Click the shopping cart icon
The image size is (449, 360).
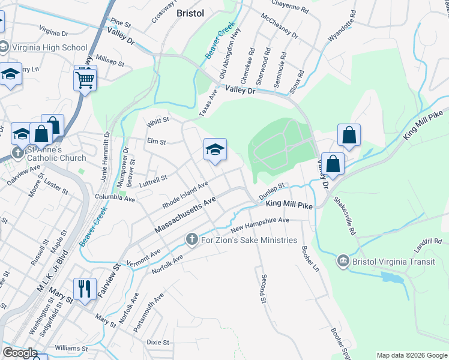(x=85, y=79)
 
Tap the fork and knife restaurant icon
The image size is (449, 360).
(x=85, y=289)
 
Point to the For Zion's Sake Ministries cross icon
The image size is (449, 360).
(x=191, y=240)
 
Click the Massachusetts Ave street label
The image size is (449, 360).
(x=184, y=218)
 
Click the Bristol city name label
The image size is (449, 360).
(x=191, y=13)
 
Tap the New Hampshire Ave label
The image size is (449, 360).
(x=260, y=224)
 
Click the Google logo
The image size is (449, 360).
(x=20, y=353)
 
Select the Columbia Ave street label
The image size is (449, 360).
(x=115, y=197)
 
